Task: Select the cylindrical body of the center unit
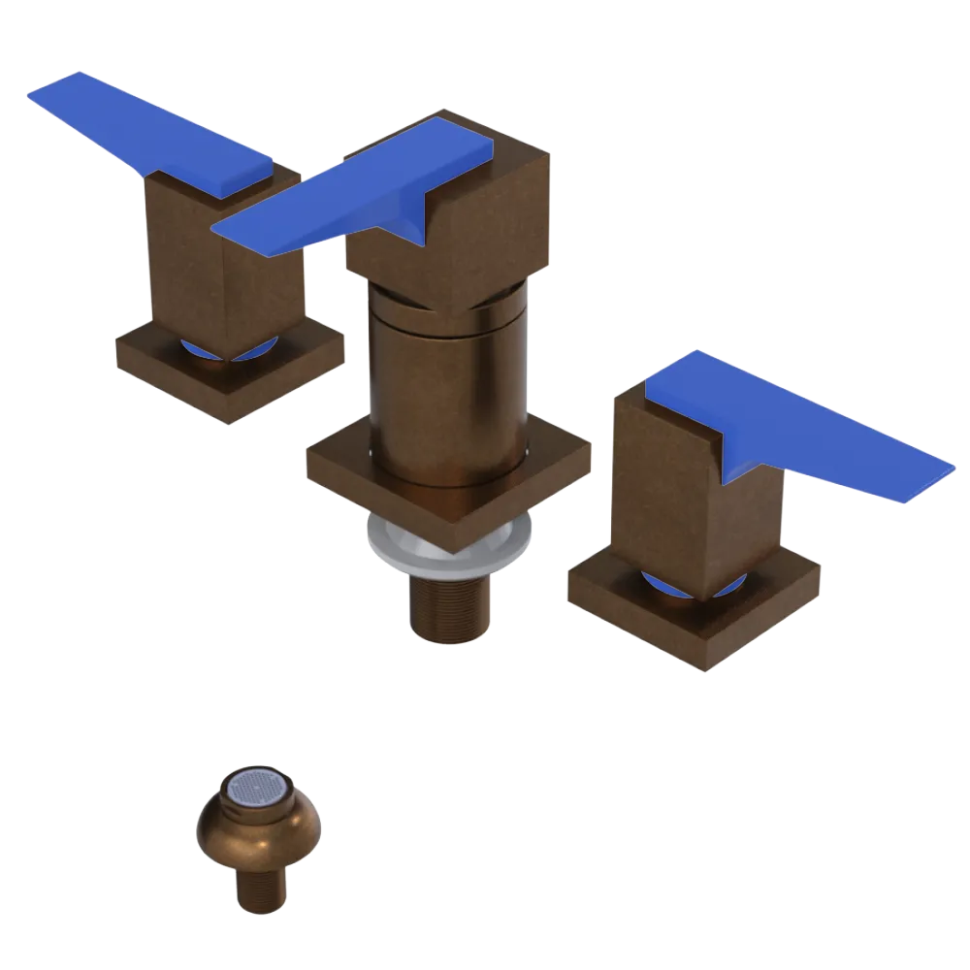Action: pos(446,388)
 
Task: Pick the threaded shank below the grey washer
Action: pos(451,606)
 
